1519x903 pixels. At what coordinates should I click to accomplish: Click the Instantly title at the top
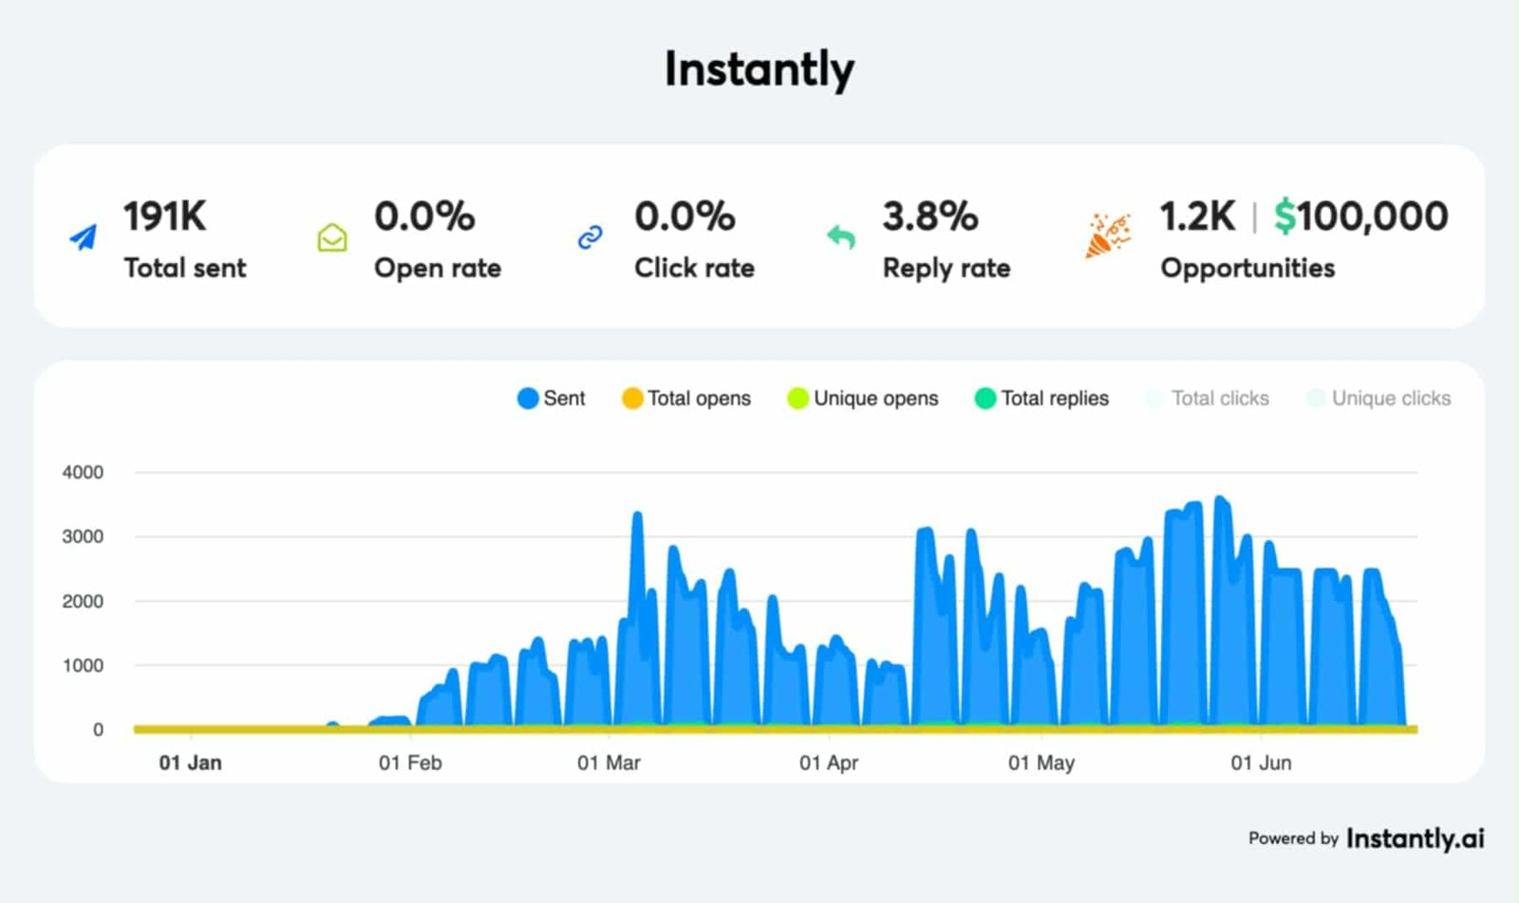(x=759, y=69)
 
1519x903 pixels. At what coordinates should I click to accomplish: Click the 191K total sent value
(x=164, y=216)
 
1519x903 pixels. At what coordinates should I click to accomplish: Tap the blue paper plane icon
(x=84, y=237)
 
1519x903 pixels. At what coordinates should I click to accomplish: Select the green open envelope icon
(x=331, y=237)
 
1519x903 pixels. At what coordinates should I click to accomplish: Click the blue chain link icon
(x=590, y=237)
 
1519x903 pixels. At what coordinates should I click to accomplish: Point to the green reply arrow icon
(x=840, y=237)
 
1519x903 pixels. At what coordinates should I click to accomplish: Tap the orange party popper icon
(x=1107, y=235)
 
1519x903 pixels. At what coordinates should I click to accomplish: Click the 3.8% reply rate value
(x=929, y=216)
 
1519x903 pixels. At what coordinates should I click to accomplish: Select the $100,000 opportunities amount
(x=1360, y=216)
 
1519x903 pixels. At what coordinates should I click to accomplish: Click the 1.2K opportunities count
(x=1197, y=216)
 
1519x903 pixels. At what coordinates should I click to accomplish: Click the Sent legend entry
(x=552, y=399)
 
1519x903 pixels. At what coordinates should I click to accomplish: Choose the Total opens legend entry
(x=686, y=399)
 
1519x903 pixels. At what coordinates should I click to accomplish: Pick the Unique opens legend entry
(x=863, y=399)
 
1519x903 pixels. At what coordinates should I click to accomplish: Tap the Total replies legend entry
(x=1041, y=399)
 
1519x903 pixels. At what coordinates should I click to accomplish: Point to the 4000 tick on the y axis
(x=83, y=472)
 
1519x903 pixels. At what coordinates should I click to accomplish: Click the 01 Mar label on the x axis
(x=609, y=762)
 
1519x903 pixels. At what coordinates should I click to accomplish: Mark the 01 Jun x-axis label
(x=1261, y=762)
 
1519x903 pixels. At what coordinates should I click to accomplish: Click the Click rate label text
(x=694, y=269)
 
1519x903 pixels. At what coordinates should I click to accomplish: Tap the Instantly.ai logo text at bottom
(x=1415, y=838)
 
